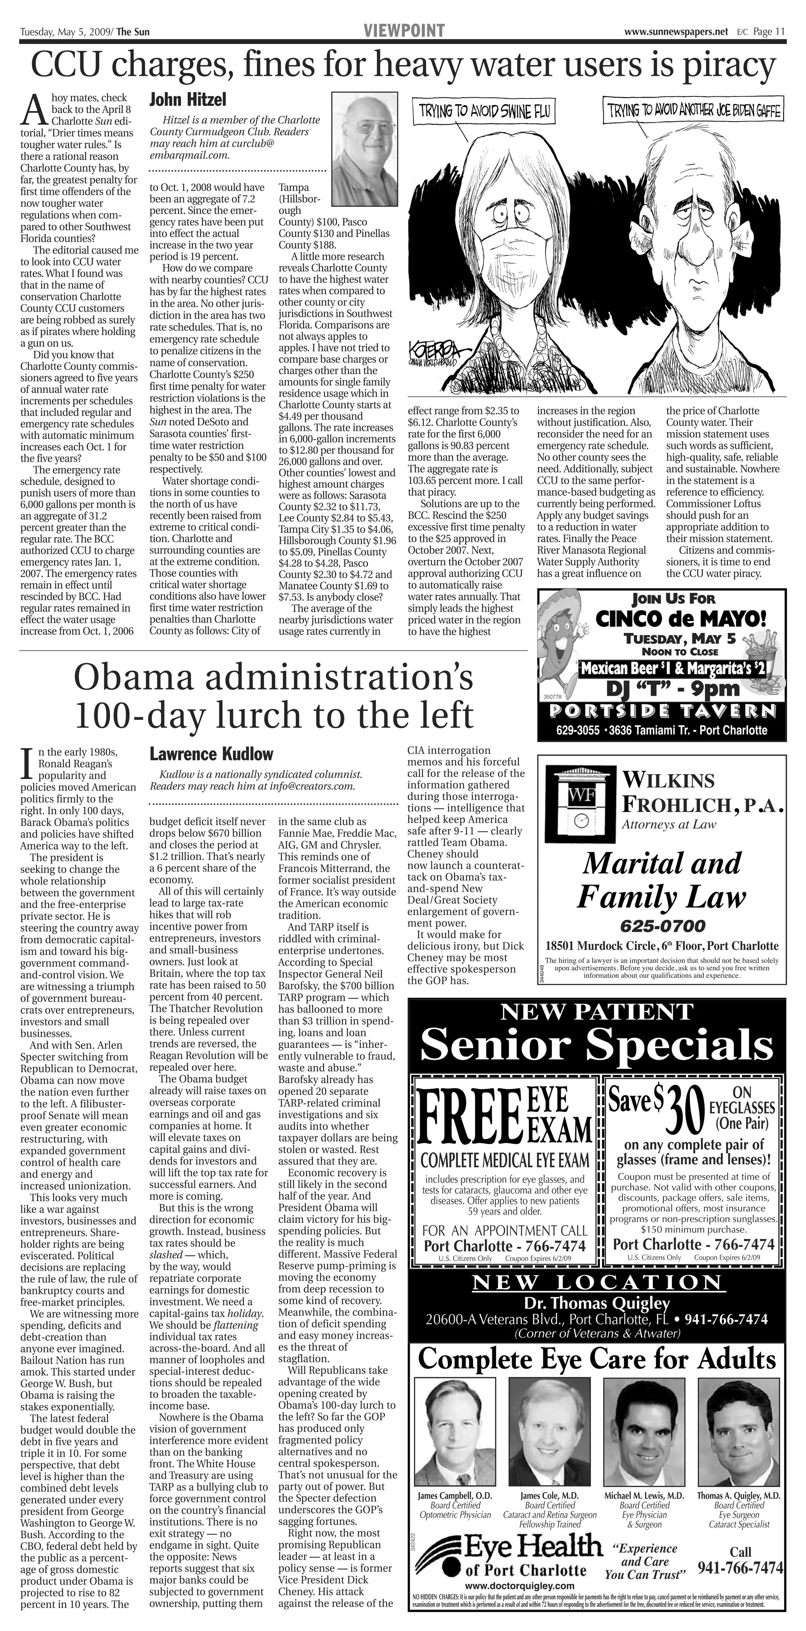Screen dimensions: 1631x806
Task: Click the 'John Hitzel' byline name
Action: pos(187,100)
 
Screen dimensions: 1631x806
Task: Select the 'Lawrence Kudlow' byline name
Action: pos(211,754)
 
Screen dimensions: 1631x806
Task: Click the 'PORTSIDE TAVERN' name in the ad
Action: pos(662,710)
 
